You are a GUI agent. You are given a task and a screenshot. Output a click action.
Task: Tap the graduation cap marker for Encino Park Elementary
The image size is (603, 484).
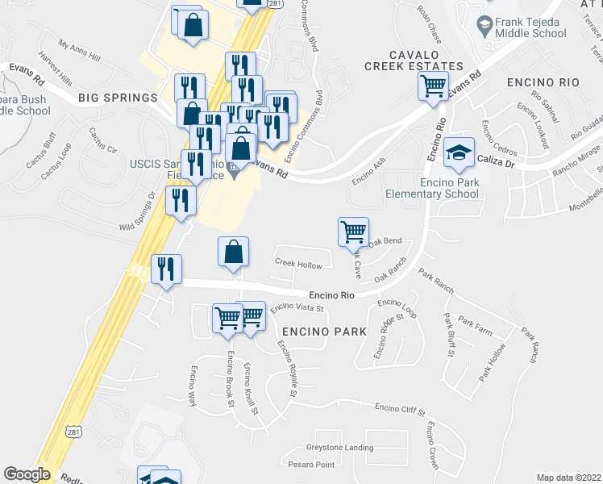pyautogui.click(x=459, y=152)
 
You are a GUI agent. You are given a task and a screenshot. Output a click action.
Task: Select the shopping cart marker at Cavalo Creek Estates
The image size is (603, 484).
pyautogui.click(x=434, y=85)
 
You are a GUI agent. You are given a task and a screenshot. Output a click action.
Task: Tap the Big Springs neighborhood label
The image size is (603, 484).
pyautogui.click(x=118, y=98)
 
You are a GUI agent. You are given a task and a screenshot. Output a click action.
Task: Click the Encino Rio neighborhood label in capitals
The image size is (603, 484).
pyautogui.click(x=543, y=83)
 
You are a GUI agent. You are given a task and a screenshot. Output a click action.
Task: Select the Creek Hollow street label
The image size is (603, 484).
pyautogui.click(x=298, y=265)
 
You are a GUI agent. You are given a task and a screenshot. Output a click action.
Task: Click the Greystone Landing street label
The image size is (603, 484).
pyautogui.click(x=339, y=448)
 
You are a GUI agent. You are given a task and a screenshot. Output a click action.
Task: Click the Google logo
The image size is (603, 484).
pyautogui.click(x=27, y=474)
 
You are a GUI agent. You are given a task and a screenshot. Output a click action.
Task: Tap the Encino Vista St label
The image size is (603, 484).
pyautogui.click(x=297, y=307)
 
